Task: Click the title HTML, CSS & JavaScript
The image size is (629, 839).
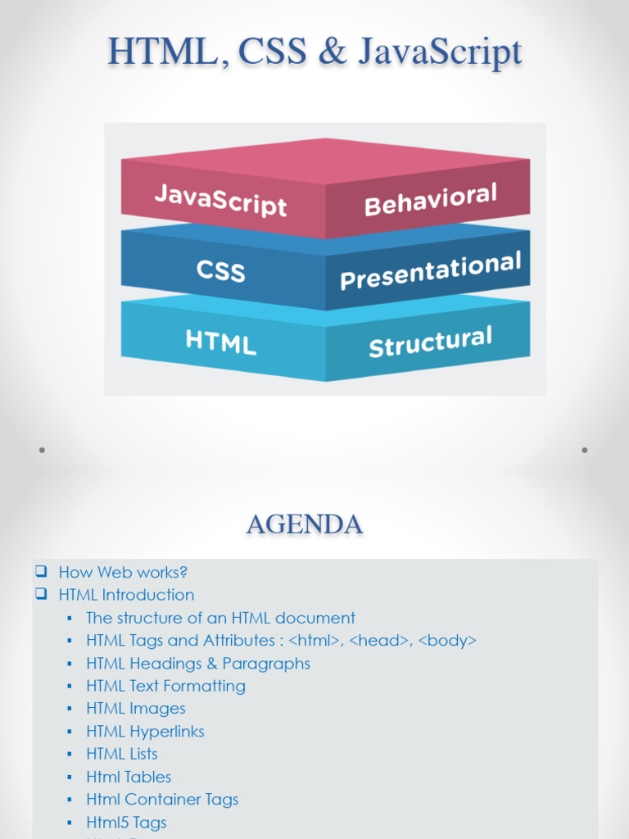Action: click(x=315, y=52)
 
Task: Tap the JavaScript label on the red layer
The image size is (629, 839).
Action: click(x=221, y=200)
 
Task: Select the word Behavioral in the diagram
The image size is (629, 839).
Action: click(x=431, y=200)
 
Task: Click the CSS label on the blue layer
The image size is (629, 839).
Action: click(x=221, y=270)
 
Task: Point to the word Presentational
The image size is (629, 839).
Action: click(x=431, y=270)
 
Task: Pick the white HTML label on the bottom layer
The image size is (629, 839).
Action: click(x=221, y=342)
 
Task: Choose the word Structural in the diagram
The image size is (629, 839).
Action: click(x=431, y=342)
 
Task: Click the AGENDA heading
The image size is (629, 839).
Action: click(x=305, y=524)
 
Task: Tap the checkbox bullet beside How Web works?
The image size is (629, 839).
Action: click(x=41, y=571)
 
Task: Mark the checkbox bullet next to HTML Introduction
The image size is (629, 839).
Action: click(x=41, y=593)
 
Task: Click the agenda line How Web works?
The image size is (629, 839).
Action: click(x=123, y=572)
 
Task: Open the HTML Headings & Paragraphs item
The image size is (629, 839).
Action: click(x=198, y=664)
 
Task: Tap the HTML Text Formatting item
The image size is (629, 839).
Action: click(x=165, y=686)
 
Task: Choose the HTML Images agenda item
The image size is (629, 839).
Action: click(x=136, y=709)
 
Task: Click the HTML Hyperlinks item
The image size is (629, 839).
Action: click(x=146, y=732)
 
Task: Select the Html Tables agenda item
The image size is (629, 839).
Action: click(x=129, y=777)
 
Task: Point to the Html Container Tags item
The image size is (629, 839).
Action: click(x=163, y=800)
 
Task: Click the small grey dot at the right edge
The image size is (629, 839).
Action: click(x=585, y=450)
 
